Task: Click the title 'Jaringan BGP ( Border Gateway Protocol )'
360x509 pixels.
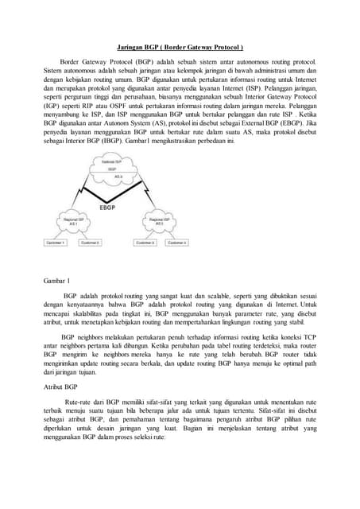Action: click(180, 47)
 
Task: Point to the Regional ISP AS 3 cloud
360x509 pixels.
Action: click(153, 220)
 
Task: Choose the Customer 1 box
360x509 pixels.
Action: click(55, 241)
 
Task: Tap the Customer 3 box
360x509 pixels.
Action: click(144, 241)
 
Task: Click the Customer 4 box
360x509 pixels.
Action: click(179, 241)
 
